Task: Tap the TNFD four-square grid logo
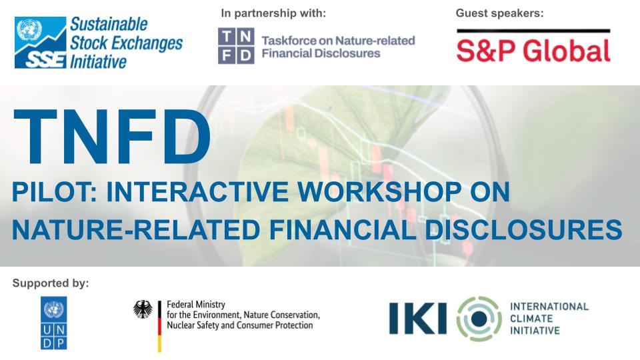coord(236,46)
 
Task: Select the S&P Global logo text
coord(533,51)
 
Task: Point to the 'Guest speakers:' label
coord(500,13)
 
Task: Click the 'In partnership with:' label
coord(273,13)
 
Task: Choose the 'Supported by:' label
coord(50,283)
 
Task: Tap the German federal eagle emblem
coord(143,309)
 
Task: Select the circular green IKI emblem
coord(478,318)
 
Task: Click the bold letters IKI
coord(418,319)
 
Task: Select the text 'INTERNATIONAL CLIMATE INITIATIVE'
coord(549,318)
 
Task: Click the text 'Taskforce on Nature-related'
coord(338,41)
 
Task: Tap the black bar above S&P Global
coord(533,31)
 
